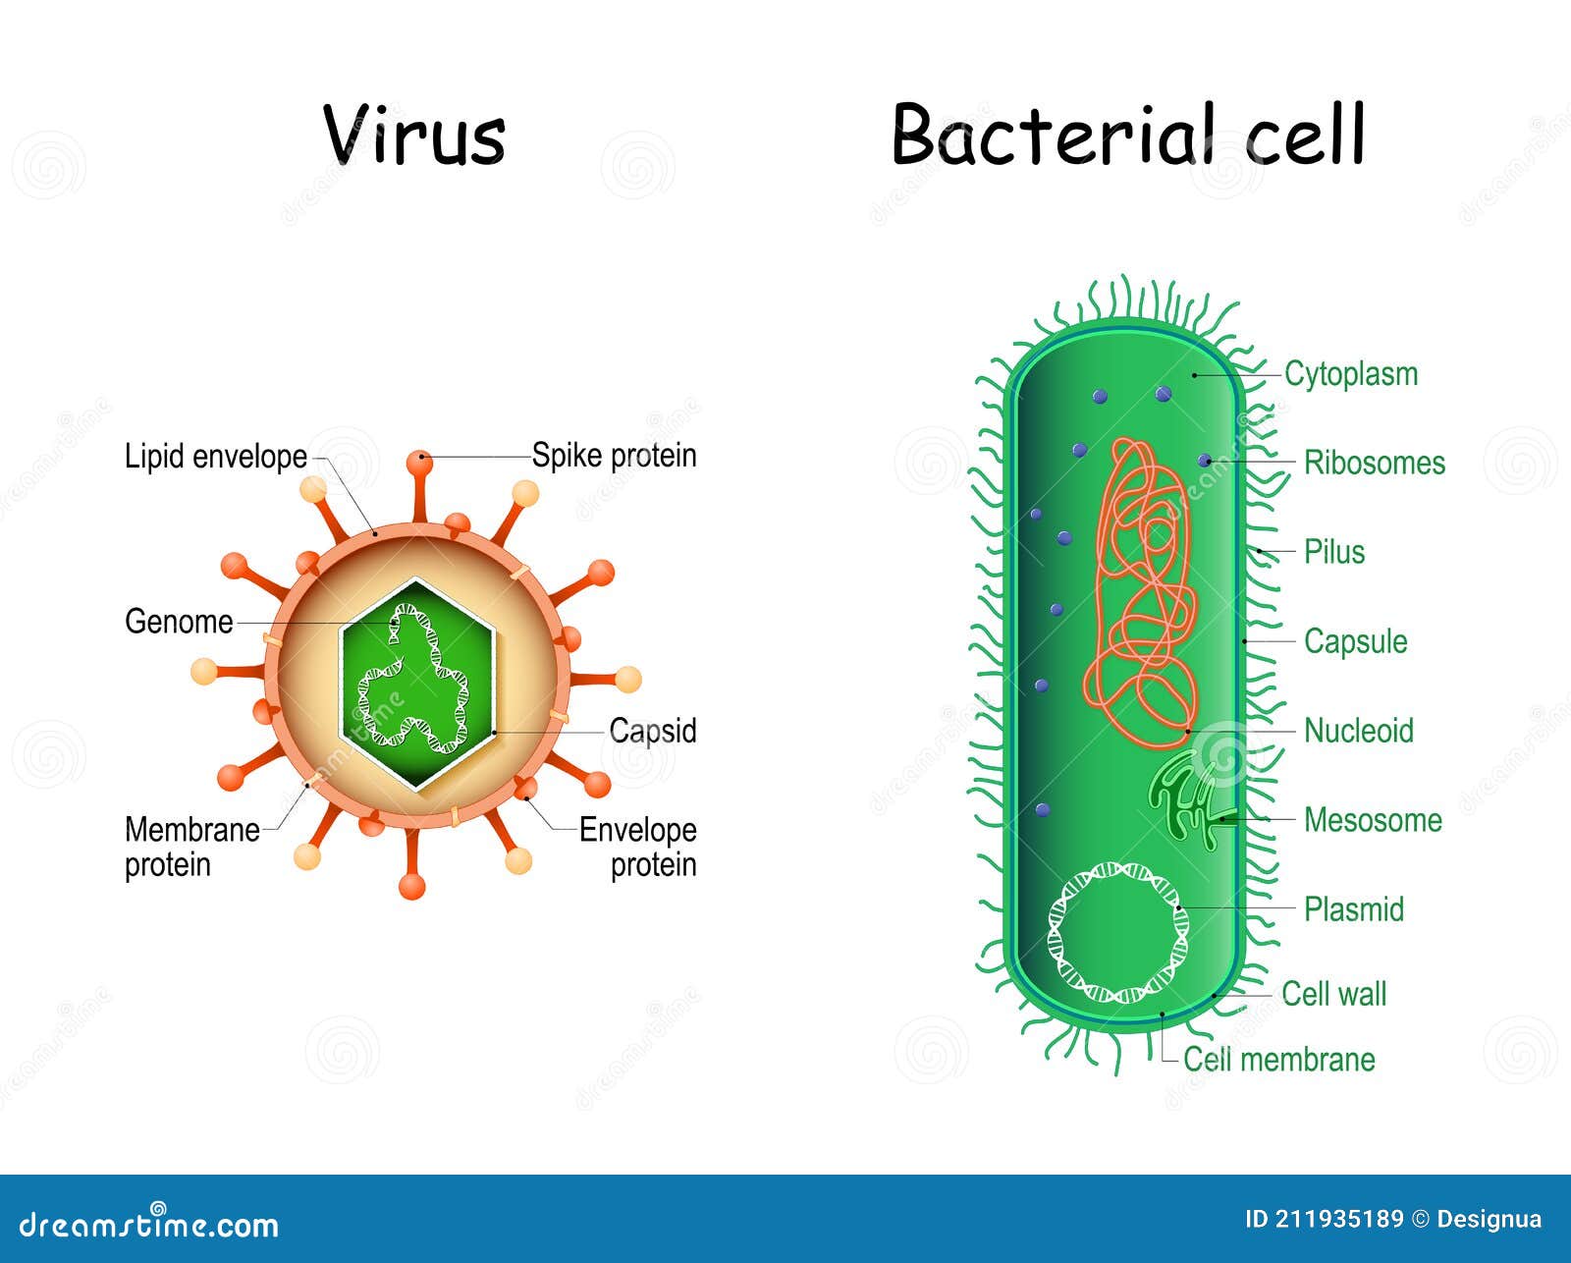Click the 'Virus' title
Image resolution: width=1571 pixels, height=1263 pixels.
coord(414,135)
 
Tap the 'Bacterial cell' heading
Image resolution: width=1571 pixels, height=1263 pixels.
coord(1128,135)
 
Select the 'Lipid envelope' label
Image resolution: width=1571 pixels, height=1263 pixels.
coord(215,457)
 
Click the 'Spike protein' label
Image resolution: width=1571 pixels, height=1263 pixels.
coord(614,456)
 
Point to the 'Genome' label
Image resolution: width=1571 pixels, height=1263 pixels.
coord(179,622)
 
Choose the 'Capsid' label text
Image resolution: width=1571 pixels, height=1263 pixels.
coord(652,731)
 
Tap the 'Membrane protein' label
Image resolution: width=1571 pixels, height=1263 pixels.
coord(190,847)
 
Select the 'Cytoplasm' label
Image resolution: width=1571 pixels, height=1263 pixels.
coord(1351,374)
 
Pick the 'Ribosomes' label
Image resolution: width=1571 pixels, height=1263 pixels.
coord(1374,463)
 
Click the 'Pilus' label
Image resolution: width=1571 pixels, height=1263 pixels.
coord(1333,552)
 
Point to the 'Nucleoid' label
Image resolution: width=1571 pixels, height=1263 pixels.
coord(1358,731)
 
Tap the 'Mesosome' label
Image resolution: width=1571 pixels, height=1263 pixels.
coord(1372,820)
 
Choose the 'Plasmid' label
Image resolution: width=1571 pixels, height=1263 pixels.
coord(1353,909)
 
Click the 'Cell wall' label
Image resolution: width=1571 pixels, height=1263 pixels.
coord(1333,994)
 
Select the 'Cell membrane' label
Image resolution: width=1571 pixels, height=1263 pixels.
coord(1278,1060)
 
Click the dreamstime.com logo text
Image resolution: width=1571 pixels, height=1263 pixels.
coord(149,1225)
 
